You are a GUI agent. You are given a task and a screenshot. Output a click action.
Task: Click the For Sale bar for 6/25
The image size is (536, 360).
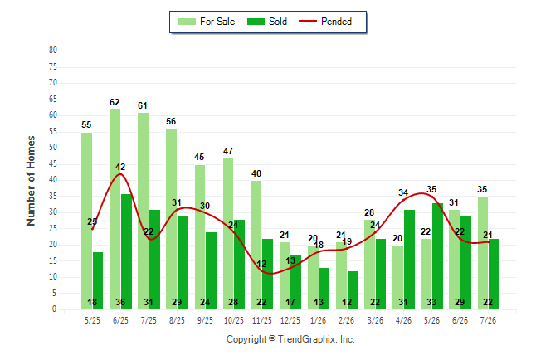115,209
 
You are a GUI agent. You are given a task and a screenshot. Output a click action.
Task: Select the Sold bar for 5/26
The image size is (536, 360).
437,256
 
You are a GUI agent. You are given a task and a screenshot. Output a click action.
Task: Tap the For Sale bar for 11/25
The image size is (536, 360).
256,246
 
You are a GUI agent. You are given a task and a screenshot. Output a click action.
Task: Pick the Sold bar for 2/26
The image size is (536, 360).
353,290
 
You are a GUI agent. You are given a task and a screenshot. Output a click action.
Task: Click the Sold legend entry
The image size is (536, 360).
267,22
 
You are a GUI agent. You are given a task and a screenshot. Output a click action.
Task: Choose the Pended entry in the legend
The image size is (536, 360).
325,22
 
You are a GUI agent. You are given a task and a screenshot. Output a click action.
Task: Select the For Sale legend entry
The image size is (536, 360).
207,22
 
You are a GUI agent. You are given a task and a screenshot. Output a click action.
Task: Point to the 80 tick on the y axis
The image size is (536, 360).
53,51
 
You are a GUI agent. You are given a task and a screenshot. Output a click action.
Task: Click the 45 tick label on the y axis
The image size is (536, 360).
53,164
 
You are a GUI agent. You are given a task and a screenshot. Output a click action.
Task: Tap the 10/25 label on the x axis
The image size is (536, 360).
234,320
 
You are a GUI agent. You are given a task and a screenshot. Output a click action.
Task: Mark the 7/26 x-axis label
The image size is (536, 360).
488,320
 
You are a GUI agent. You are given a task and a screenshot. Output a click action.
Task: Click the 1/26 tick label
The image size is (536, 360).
319,320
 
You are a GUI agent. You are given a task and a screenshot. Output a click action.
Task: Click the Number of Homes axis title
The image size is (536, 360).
31,181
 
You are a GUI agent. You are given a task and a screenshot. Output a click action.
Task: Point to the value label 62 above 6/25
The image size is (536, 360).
115,102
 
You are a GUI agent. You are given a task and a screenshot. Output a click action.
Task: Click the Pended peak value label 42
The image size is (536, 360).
120,167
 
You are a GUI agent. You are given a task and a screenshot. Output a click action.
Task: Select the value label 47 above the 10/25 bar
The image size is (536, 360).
228,151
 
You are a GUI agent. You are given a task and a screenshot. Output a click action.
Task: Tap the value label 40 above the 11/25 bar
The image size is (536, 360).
256,173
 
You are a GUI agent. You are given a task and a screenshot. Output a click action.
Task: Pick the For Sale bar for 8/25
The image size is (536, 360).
172,220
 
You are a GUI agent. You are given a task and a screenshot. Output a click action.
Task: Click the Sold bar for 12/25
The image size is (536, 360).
296,282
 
